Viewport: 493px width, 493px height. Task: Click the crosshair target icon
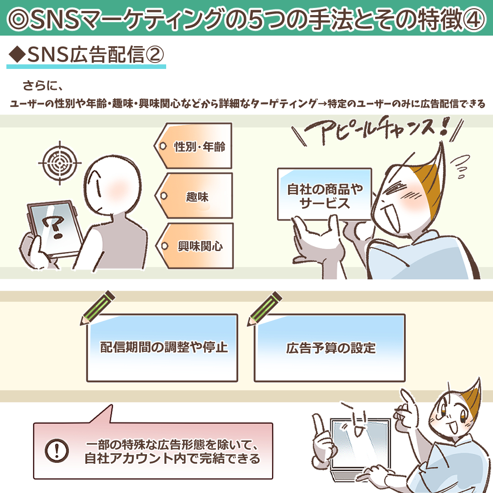click(60, 163)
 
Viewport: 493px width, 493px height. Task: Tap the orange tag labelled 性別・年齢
click(194, 146)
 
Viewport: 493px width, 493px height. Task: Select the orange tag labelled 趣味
click(194, 196)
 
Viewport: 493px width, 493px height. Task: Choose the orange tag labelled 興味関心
click(194, 246)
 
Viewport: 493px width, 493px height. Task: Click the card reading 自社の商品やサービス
click(325, 194)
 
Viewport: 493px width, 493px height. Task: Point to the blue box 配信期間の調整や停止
click(162, 348)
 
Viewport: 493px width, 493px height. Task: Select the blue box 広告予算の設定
click(330, 348)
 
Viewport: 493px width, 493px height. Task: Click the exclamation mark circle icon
click(57, 451)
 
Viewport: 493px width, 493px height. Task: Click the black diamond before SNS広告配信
click(17, 54)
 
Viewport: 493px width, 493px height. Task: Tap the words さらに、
click(43, 85)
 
